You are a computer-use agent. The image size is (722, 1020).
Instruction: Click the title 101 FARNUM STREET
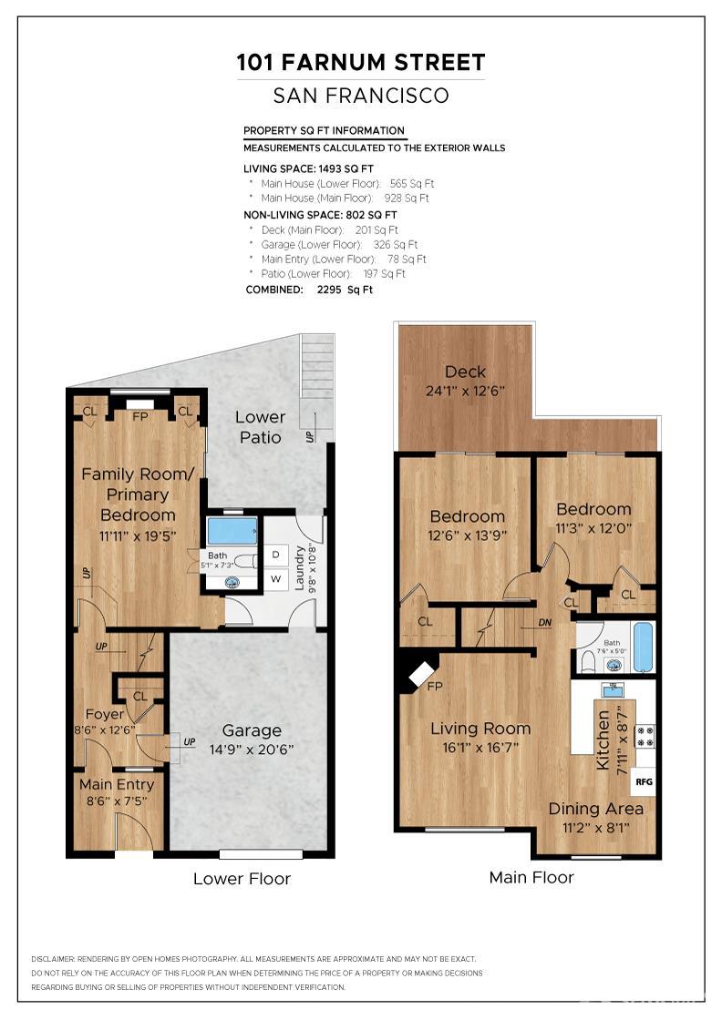pyautogui.click(x=361, y=63)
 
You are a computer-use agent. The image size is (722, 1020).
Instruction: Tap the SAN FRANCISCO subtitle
pyautogui.click(x=361, y=96)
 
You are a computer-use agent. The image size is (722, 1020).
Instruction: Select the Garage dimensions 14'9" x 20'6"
pyautogui.click(x=252, y=750)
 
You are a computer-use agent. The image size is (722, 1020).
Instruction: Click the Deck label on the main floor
pyautogui.click(x=465, y=372)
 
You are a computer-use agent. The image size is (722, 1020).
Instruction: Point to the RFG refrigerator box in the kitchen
pyautogui.click(x=644, y=781)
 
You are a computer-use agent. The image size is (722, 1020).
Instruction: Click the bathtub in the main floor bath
pyautogui.click(x=643, y=646)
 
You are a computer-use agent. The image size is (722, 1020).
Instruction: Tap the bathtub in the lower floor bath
pyautogui.click(x=232, y=531)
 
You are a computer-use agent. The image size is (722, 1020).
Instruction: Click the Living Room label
pyautogui.click(x=480, y=729)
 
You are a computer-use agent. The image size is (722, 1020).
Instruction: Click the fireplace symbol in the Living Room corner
pyautogui.click(x=420, y=674)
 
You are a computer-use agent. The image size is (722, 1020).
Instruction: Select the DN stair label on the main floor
pyautogui.click(x=545, y=623)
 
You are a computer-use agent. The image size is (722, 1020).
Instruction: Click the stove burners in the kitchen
pyautogui.click(x=645, y=736)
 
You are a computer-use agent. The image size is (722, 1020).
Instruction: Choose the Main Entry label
pyautogui.click(x=116, y=784)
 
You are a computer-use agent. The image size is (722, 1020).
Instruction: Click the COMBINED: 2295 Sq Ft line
pyautogui.click(x=309, y=290)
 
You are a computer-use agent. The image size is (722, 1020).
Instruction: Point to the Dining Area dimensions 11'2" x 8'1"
pyautogui.click(x=595, y=827)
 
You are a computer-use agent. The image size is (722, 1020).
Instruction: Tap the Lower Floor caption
pyautogui.click(x=242, y=879)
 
